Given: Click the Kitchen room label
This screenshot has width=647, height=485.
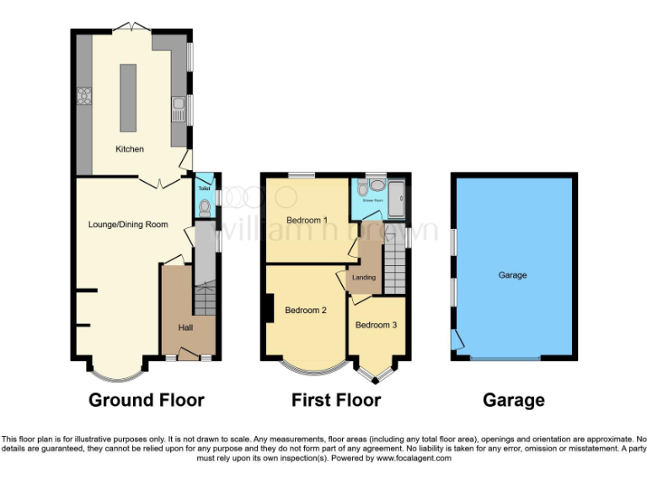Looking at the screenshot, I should coord(130,149).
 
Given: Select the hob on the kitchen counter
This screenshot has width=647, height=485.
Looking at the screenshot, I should coord(84,96).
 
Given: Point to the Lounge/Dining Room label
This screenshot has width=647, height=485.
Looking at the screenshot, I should coord(128,225).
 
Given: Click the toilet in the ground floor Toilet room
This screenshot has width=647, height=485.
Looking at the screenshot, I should coord(204,204).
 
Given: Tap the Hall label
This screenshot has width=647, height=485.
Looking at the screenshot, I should coord(186,327).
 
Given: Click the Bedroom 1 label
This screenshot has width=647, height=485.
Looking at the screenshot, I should coord(306,221).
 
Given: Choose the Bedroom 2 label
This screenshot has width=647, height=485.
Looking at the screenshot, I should coord(305,310).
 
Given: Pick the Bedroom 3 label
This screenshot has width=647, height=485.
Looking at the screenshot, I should coord(376,325).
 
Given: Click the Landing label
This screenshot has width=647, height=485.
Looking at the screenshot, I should coord(364,278).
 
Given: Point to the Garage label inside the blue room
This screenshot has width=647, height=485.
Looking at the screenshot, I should coord(512,275).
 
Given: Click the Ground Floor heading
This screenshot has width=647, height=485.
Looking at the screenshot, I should coord(147,400).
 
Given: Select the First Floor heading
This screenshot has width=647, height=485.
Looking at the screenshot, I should coord(336,400).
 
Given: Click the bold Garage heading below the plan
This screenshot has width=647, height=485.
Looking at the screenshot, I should coord(513,400).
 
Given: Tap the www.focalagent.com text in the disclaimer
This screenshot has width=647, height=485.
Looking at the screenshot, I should coord(413,459).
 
